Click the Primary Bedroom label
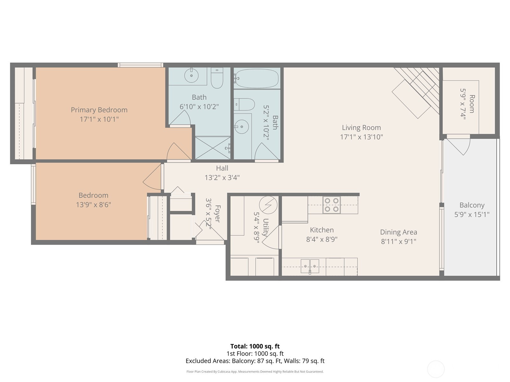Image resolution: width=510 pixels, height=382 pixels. point(99,110)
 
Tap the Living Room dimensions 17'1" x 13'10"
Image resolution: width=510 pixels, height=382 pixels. point(361,137)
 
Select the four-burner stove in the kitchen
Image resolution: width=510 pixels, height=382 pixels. point(331,205)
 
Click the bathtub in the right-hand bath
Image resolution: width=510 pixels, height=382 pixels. point(256,78)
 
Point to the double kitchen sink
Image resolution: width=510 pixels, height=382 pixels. point(310,266)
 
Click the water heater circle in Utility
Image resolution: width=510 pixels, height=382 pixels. point(268,205)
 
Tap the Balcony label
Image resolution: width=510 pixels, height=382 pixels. point(472,205)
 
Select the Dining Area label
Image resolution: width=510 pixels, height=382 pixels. point(398,232)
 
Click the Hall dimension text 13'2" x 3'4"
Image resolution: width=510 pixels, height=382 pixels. point(222,177)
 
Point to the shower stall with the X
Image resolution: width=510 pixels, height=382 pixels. point(213,148)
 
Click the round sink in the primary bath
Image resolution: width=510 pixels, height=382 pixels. point(192,75)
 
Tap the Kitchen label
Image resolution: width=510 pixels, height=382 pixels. point(322,230)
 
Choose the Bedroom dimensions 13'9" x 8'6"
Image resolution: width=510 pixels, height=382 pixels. point(93,205)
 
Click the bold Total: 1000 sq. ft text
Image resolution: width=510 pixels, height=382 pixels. point(255,346)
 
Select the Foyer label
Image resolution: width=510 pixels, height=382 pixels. point(218,214)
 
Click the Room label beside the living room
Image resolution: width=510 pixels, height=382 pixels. point(472,104)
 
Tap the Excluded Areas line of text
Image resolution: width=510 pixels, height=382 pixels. point(255,361)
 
